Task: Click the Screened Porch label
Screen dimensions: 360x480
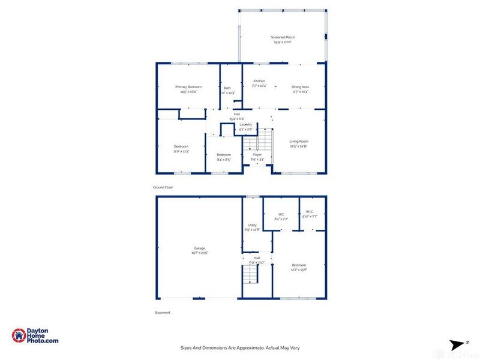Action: coord(282,37)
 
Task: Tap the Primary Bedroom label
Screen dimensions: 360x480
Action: coord(188,87)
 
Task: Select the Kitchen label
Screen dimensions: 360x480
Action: coord(259,81)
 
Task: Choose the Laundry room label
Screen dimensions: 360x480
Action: coord(246,124)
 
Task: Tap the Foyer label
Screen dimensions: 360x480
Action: coord(257,155)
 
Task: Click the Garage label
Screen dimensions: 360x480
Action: coord(199,248)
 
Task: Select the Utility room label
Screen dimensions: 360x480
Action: coord(252,224)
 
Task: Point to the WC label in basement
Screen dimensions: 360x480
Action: coord(281,215)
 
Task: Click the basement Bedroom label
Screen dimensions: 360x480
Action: coord(299,265)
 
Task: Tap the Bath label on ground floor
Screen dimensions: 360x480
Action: coord(227,88)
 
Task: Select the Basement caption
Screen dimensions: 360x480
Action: coord(163,313)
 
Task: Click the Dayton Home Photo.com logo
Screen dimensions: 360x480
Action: coord(35,336)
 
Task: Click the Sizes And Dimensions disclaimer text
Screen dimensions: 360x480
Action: coord(240,347)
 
